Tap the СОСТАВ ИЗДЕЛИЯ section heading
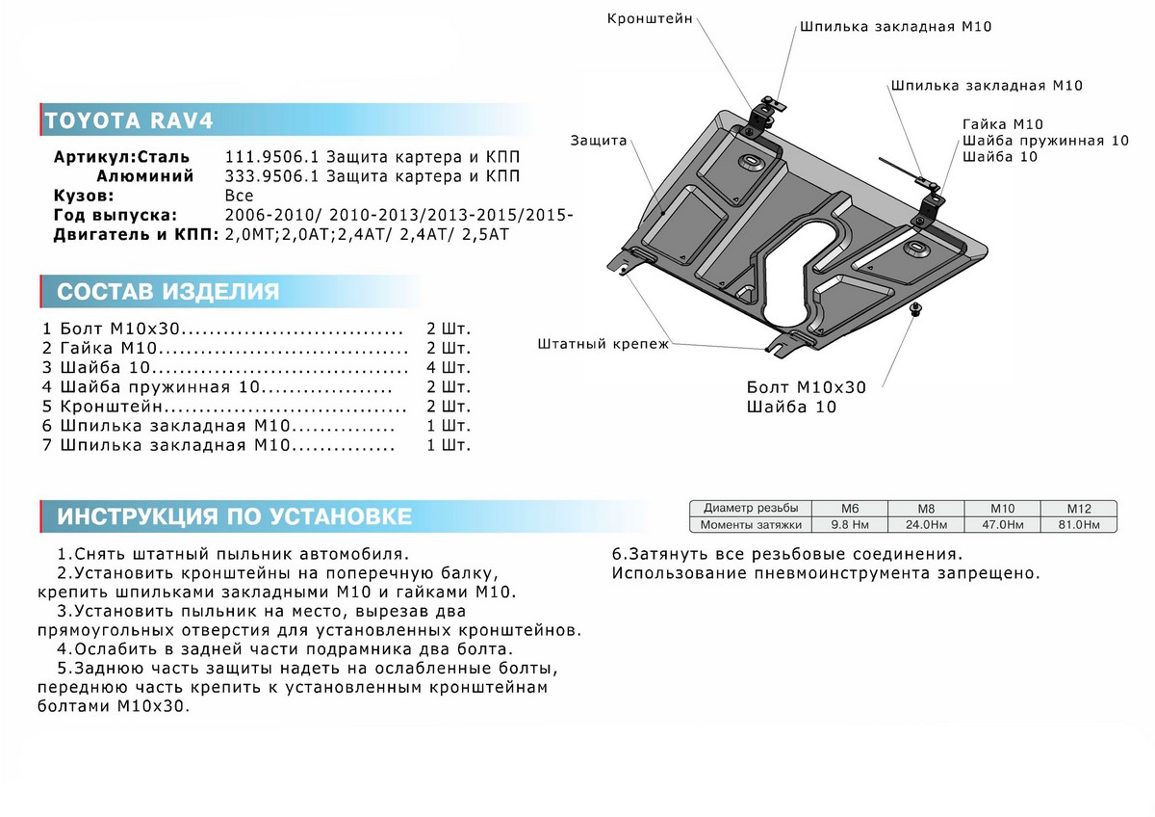[x=168, y=292]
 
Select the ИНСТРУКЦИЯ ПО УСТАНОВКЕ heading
[x=234, y=516]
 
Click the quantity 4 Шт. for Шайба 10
[x=449, y=368]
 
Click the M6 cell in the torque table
[x=850, y=508]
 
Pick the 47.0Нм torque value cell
[x=1002, y=524]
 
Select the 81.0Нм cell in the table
[x=1077, y=524]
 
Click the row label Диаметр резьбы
[x=751, y=508]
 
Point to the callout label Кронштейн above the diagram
[x=650, y=18]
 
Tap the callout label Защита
[x=598, y=141]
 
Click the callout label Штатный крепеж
[x=602, y=344]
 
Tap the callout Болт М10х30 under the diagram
[x=807, y=387]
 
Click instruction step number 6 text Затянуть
[x=786, y=554]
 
